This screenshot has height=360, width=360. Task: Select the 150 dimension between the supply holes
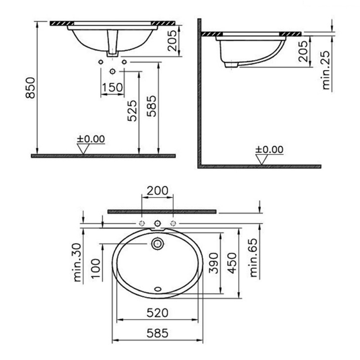(x=112, y=87)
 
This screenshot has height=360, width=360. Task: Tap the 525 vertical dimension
(x=131, y=111)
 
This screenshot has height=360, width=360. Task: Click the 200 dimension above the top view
(x=157, y=190)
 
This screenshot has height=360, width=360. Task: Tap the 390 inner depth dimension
(x=214, y=263)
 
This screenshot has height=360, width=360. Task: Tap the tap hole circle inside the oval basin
(x=157, y=243)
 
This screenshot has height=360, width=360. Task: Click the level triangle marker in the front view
(x=83, y=149)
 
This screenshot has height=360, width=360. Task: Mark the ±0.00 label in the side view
(x=269, y=150)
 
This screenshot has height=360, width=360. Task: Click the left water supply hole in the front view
(x=101, y=61)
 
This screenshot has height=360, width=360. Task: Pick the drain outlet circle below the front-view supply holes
(x=112, y=71)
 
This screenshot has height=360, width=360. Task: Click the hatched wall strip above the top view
(x=162, y=211)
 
